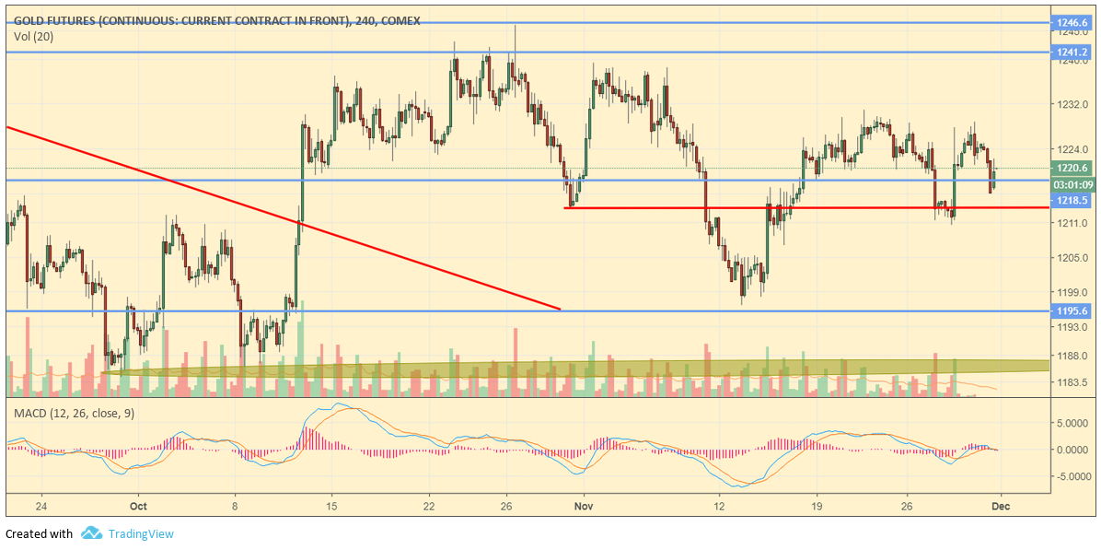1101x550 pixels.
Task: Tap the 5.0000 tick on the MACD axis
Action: click(1072, 424)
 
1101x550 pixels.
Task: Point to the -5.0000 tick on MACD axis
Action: click(1072, 477)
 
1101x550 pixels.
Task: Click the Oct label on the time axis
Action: click(138, 506)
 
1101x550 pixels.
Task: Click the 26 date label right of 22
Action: click(506, 506)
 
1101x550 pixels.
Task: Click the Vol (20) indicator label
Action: click(32, 37)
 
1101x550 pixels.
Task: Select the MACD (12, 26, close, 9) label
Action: click(74, 413)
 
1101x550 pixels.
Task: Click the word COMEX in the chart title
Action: click(400, 21)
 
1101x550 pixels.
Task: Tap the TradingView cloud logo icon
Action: click(91, 533)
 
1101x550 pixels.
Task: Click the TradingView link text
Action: click(141, 533)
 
